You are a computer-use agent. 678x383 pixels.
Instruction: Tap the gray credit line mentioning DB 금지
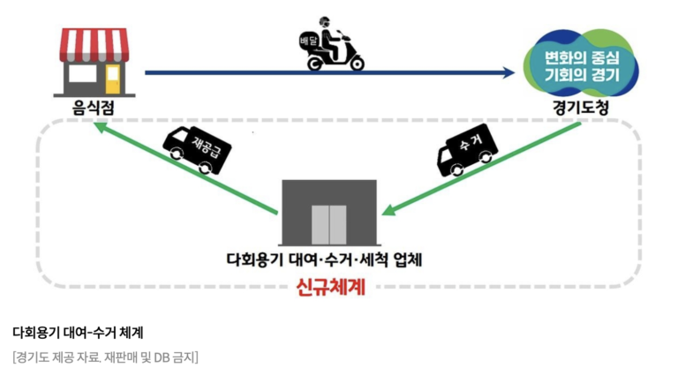tap(105, 357)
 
